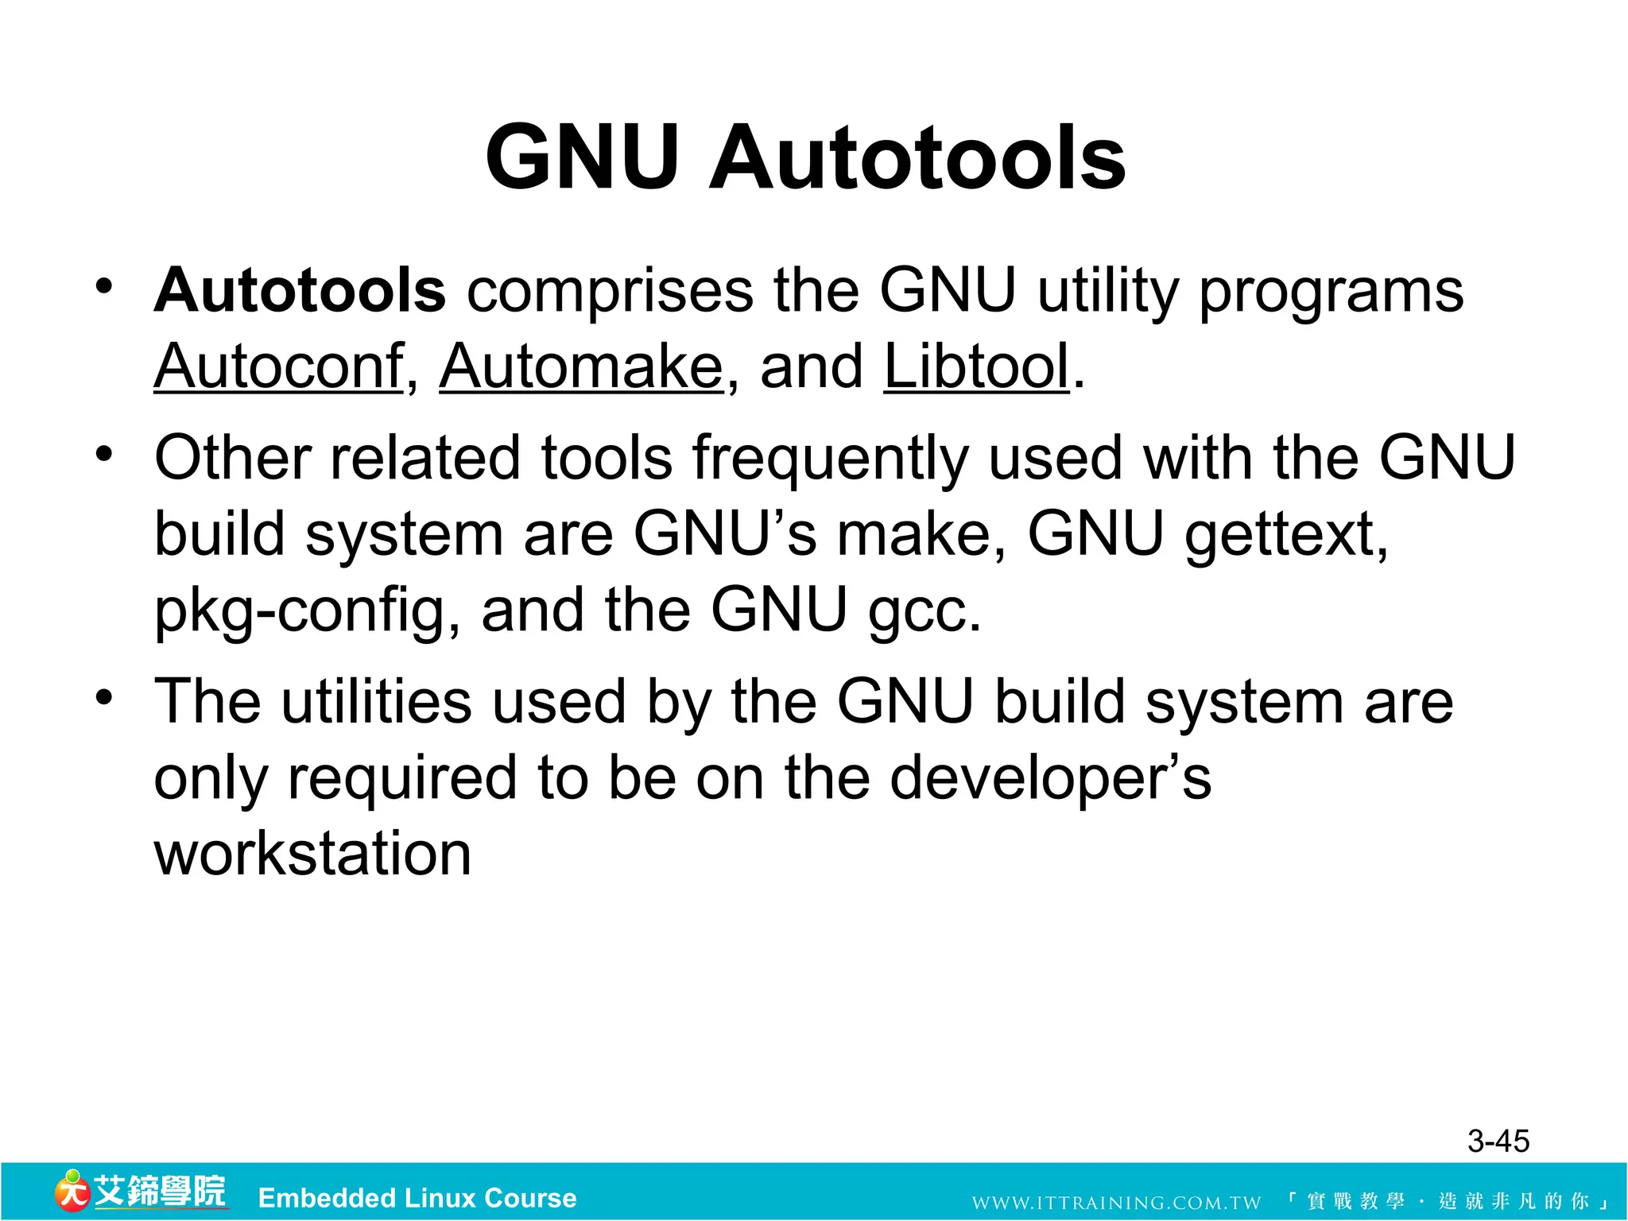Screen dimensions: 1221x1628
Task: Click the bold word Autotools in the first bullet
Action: point(300,290)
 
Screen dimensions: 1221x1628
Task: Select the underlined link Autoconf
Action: point(279,366)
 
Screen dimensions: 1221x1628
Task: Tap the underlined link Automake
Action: point(581,366)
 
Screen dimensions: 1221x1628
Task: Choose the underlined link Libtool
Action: point(977,366)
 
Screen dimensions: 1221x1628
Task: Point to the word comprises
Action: point(610,292)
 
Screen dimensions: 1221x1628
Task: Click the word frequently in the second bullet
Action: point(830,459)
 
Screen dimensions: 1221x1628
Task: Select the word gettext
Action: point(1285,534)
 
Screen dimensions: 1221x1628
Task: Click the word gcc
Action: point(924,610)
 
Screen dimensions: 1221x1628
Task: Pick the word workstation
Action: point(313,854)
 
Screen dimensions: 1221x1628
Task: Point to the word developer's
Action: point(1050,779)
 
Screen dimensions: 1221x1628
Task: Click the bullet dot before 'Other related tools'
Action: point(104,454)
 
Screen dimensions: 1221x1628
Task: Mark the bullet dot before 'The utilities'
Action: point(104,697)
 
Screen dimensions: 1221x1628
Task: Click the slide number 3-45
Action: point(1498,1142)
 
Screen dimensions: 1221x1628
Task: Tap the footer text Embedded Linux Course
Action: point(417,1198)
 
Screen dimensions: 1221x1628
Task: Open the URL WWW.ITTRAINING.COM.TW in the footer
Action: point(1116,1202)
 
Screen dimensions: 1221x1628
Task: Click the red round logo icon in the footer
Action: point(72,1192)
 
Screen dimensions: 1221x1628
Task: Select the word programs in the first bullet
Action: point(1331,292)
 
